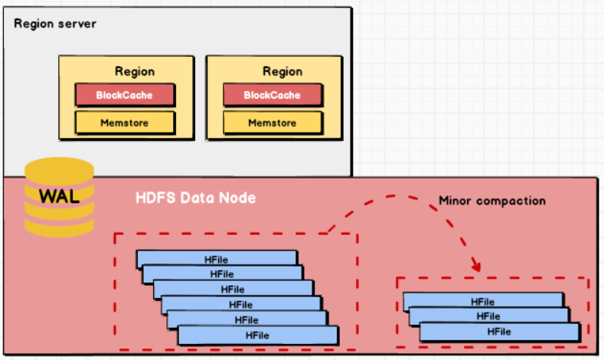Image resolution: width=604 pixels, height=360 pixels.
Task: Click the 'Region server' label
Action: (55, 24)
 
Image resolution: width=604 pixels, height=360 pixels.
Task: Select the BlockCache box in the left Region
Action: (125, 95)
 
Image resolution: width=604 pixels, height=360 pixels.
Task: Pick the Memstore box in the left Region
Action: (125, 123)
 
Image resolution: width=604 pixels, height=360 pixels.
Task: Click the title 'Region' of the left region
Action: (135, 71)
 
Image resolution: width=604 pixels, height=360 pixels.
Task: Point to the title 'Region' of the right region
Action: (282, 71)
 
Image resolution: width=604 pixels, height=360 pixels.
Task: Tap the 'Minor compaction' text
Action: (491, 201)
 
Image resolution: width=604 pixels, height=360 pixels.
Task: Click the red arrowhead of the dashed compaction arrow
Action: (476, 267)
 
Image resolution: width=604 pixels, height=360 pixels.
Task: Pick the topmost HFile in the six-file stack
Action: (217, 259)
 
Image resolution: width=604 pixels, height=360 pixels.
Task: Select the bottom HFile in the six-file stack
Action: (258, 335)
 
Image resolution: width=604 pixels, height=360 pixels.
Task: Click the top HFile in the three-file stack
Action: (483, 301)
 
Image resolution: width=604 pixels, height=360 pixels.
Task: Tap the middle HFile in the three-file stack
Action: (488, 316)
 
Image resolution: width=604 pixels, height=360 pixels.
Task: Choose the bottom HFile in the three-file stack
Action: (499, 332)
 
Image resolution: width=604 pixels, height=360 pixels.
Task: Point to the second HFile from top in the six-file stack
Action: (222, 274)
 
